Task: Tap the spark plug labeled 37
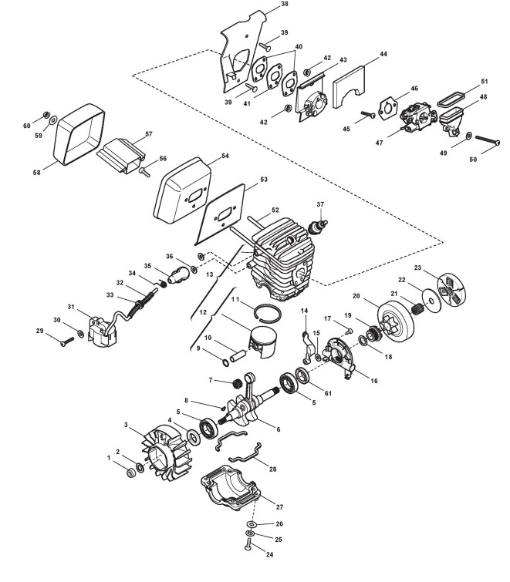click(x=317, y=226)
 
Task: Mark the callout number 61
click(x=327, y=394)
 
